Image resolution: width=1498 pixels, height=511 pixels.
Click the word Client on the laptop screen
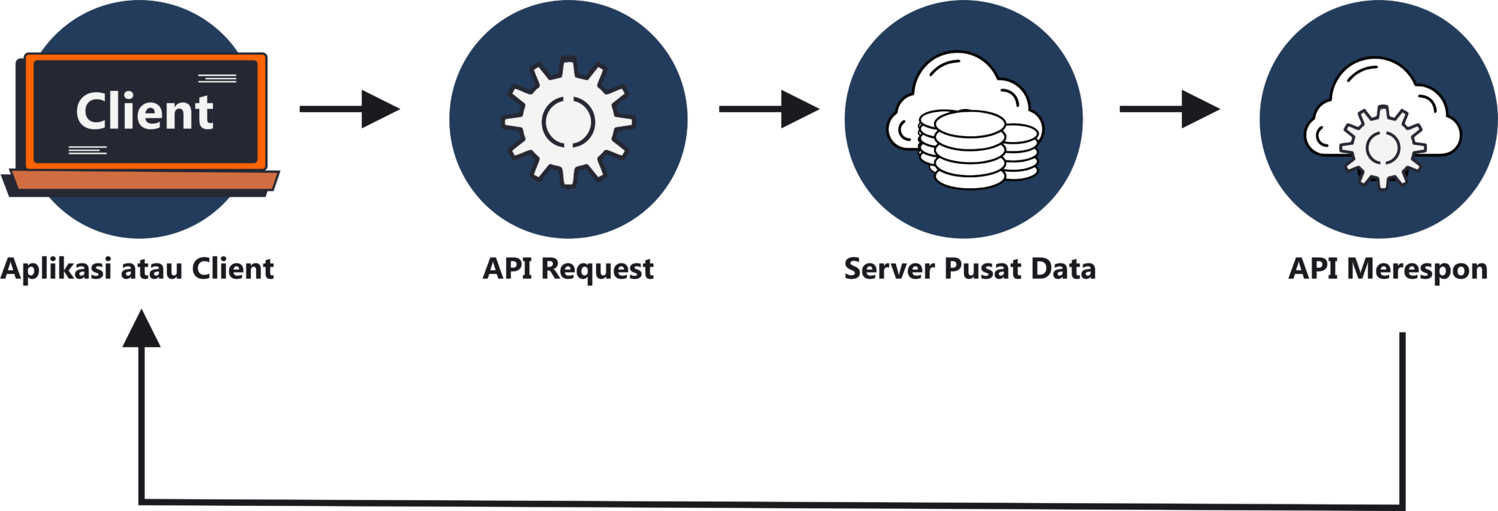pyautogui.click(x=145, y=112)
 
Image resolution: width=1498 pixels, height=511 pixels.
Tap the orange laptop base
pyautogui.click(x=143, y=180)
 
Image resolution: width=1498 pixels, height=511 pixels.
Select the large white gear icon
pyautogui.click(x=568, y=120)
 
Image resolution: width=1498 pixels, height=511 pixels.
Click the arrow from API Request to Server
pyautogui.click(x=769, y=109)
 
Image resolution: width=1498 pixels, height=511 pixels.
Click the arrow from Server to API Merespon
pyautogui.click(x=1170, y=109)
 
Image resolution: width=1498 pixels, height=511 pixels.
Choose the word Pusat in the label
pyautogui.click(x=982, y=269)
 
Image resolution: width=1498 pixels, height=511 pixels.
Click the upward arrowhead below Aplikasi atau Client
pyautogui.click(x=141, y=328)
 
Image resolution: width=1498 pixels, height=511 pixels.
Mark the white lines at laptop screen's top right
pyautogui.click(x=217, y=78)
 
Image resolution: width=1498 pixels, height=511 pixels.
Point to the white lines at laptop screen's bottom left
pyautogui.click(x=88, y=151)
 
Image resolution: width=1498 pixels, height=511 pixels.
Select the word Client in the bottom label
pyautogui.click(x=233, y=269)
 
